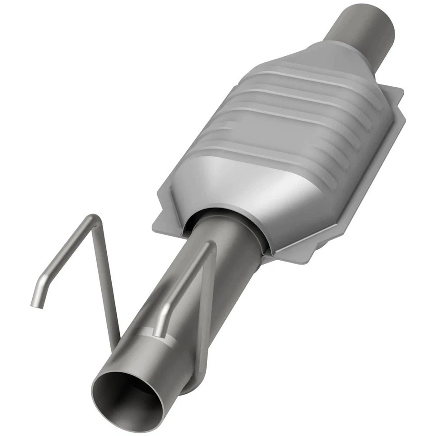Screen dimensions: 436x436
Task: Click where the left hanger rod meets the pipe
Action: click(117, 338)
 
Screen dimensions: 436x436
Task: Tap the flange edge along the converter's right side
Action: click(363, 182)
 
